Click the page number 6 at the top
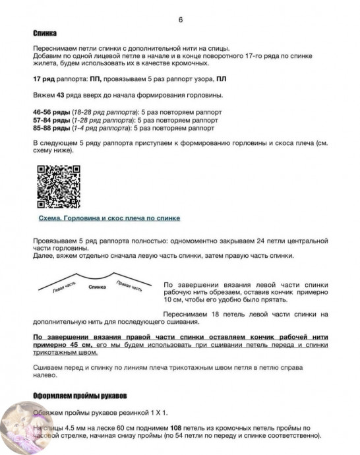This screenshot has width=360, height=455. tap(180, 19)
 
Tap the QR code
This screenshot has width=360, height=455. tap(57, 187)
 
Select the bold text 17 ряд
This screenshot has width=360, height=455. tap(44, 79)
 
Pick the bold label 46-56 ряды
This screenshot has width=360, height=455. tap(51, 112)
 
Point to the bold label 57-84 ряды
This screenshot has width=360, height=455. tap(51, 120)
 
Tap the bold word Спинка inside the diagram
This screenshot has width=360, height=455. tap(96, 288)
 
